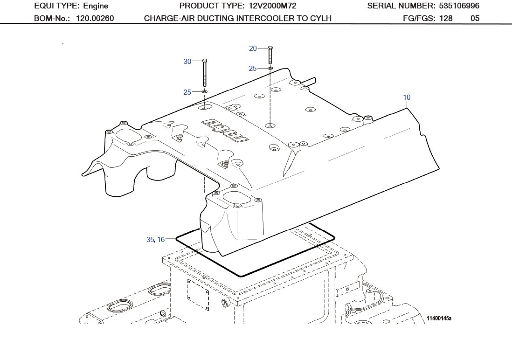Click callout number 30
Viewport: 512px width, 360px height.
[x=187, y=62]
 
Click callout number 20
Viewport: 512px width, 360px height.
[x=253, y=48]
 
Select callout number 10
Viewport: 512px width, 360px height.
[x=407, y=97]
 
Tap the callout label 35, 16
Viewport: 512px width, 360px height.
[x=155, y=239]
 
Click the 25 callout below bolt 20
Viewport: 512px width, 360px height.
[x=252, y=69]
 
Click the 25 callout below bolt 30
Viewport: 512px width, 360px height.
[x=187, y=92]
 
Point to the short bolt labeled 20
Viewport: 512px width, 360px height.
[x=270, y=55]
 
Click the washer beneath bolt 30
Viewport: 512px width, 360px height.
[x=205, y=92]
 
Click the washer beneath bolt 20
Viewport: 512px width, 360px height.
[x=270, y=68]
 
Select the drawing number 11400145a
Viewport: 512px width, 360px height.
[x=439, y=318]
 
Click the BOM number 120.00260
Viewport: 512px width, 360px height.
[x=95, y=19]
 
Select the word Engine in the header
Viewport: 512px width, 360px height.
[x=96, y=6]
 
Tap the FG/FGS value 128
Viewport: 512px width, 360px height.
[x=446, y=19]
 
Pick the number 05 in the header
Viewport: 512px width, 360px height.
[x=475, y=19]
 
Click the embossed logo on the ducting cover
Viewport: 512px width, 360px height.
[x=226, y=130]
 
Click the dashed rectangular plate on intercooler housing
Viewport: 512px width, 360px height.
[x=198, y=294]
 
